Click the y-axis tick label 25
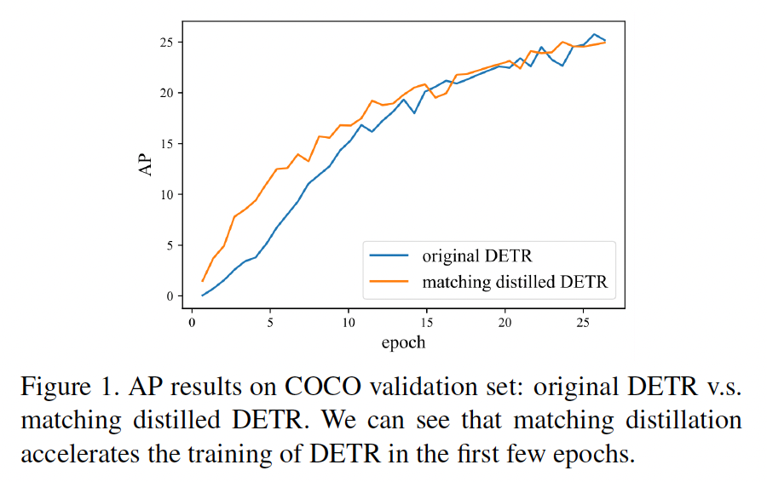(170, 42)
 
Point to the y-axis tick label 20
(170, 93)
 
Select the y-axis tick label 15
(170, 143)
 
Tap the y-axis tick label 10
(170, 194)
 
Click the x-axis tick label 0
(192, 324)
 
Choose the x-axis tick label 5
(270, 324)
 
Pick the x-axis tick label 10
(349, 324)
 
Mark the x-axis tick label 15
(427, 324)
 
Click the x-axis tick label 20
(505, 324)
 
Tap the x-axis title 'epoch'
(403, 342)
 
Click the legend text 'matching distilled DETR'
(515, 282)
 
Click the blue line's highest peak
(594, 34)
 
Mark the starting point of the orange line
(202, 281)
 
